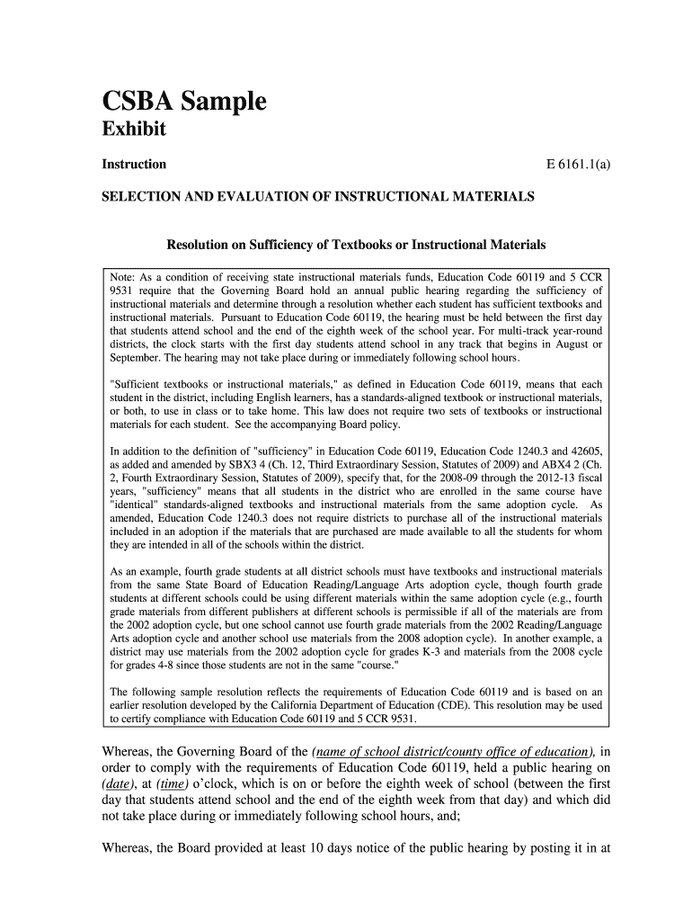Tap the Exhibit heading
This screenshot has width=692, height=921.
click(133, 130)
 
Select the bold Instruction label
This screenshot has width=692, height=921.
click(133, 165)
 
